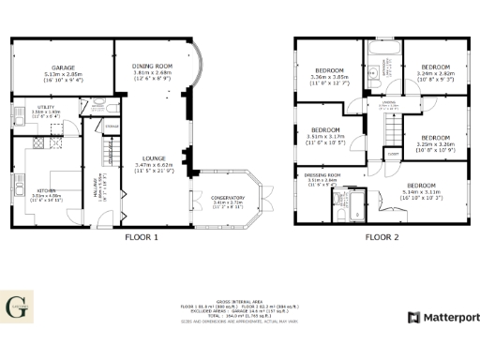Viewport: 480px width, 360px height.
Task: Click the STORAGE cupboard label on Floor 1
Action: [111, 125]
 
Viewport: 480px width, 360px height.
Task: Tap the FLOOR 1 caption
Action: [142, 238]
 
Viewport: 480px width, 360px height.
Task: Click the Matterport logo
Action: [442, 318]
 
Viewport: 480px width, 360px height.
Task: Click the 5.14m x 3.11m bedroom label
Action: [421, 186]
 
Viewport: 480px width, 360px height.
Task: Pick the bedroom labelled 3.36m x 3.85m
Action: [329, 70]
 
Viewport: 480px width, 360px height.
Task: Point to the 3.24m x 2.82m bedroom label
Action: [436, 67]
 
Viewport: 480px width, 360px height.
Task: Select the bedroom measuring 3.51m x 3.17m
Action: [325, 130]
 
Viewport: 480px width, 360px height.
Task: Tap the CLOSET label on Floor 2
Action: [393, 152]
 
